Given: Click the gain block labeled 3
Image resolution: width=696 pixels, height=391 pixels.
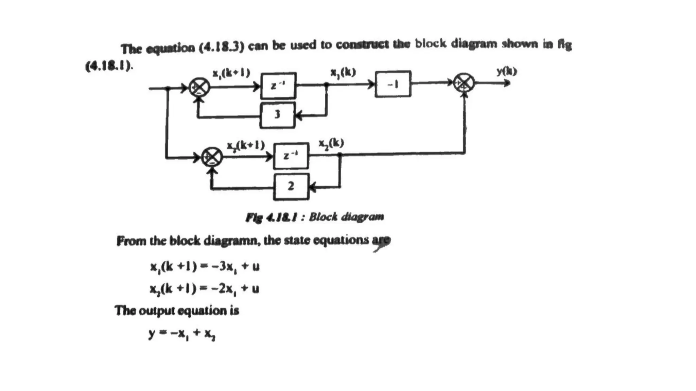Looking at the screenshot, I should click(277, 115).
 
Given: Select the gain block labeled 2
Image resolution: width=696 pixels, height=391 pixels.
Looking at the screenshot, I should click(291, 186).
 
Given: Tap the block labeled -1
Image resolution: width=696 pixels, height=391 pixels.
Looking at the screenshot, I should click(393, 84).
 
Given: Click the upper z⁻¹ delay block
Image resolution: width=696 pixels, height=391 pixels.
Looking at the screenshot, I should click(278, 86).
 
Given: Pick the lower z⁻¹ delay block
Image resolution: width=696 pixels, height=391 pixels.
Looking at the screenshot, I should click(291, 156).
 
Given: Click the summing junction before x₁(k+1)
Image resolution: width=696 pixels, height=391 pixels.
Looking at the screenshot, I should click(199, 88).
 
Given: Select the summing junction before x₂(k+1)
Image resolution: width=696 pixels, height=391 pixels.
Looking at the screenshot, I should click(212, 157).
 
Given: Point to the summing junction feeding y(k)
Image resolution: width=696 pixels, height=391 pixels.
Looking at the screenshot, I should click(464, 83).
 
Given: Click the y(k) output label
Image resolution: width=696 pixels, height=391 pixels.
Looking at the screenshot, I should click(506, 72).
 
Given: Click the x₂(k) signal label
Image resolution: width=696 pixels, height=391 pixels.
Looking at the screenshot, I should click(331, 143).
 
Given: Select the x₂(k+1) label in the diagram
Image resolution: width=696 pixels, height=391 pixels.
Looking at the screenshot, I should click(245, 146).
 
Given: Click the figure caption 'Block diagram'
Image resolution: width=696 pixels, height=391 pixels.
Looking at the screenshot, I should click(346, 217).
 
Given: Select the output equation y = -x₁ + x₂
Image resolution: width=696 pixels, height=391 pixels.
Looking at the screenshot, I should click(182, 334).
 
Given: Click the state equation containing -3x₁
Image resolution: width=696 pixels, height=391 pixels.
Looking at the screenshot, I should click(205, 266).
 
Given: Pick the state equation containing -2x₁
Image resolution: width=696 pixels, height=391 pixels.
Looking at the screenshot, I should click(205, 289).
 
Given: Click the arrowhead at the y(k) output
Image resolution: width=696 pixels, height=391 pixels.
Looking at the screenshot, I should click(507, 83).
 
